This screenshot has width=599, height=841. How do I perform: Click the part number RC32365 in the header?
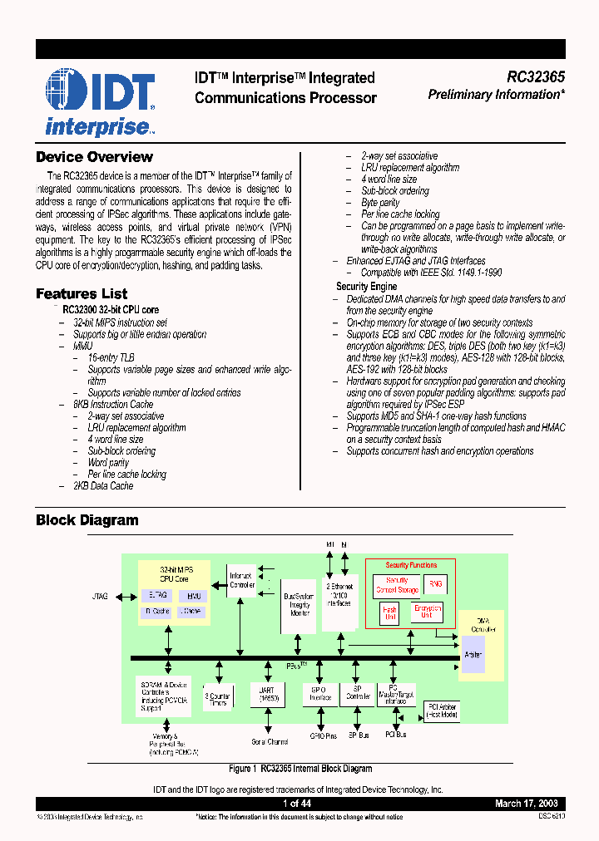(536, 77)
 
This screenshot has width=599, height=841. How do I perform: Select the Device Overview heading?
(94, 157)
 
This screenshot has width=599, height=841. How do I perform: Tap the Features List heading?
(82, 293)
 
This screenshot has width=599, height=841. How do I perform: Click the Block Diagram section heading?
(87, 520)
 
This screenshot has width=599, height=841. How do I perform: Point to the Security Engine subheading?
(366, 286)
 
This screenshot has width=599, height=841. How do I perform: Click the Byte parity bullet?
(380, 203)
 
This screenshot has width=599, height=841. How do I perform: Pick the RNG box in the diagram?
(435, 584)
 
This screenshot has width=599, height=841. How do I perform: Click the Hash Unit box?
(389, 613)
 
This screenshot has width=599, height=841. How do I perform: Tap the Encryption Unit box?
(426, 612)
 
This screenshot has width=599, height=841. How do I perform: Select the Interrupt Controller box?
(241, 580)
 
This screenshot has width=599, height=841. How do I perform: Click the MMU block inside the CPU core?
(193, 596)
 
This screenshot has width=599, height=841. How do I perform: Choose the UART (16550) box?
(268, 695)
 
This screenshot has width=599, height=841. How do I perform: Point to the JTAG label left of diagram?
(100, 596)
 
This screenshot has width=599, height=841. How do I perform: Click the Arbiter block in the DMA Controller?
(473, 654)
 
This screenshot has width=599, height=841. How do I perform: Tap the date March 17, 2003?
(526, 804)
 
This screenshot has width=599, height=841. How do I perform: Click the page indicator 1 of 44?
(297, 804)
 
